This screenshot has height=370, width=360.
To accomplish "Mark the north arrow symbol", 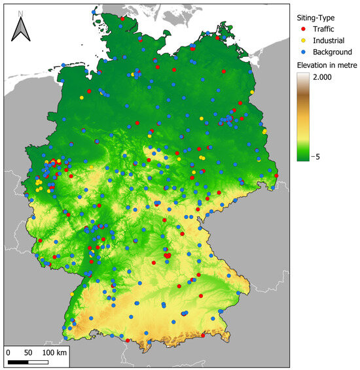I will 22,29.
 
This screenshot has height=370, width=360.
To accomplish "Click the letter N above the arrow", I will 22,12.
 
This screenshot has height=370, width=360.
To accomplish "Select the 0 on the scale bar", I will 9,352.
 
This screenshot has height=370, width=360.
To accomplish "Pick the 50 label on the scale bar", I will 28,352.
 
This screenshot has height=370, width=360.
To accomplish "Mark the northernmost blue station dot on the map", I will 96,12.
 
